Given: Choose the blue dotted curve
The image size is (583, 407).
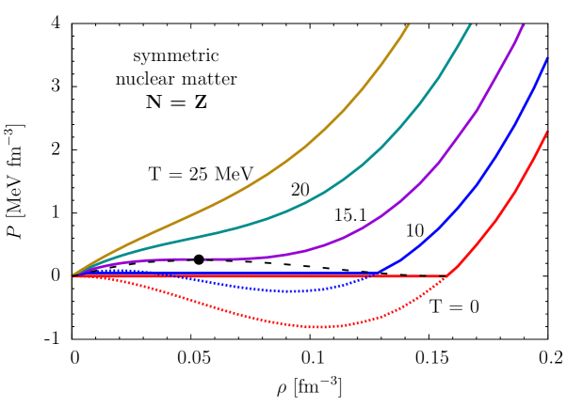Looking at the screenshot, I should tap(235, 286).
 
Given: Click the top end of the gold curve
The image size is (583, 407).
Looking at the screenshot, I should tap(409, 24).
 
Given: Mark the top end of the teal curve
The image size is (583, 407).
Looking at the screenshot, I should tap(470, 24).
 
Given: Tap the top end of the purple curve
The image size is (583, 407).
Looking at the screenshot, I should tap(524, 24).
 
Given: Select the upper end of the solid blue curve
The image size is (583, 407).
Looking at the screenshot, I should tap(546, 58).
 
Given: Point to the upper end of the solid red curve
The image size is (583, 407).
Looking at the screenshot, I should tap(546, 132).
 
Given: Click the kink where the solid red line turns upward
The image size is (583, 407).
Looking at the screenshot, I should tap(447, 275).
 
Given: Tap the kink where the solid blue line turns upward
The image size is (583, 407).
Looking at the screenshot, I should tap(375, 274).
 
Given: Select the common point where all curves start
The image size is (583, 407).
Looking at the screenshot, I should tap(73, 275).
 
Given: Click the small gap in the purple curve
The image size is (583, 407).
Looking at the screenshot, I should tap(200, 258).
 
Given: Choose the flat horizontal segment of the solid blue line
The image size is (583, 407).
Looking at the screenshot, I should tap(283, 274).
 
